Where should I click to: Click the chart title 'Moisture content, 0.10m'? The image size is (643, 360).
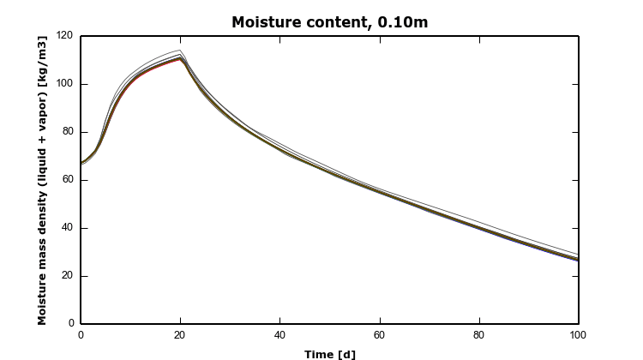(329, 22)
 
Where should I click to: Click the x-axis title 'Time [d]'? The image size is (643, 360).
(329, 354)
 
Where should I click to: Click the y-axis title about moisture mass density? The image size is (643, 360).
(42, 180)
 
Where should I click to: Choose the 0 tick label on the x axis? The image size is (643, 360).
(81, 334)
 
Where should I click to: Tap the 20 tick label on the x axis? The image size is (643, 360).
(180, 334)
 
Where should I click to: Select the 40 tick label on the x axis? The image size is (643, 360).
(279, 334)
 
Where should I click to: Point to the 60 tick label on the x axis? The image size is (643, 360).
(379, 334)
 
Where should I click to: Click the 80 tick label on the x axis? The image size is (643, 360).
(478, 334)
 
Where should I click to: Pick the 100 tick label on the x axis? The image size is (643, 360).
(578, 334)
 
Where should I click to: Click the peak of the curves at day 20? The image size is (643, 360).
(180, 57)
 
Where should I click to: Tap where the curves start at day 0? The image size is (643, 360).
(81, 163)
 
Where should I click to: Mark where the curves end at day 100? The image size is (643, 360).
(578, 258)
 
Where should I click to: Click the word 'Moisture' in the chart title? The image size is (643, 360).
(263, 22)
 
